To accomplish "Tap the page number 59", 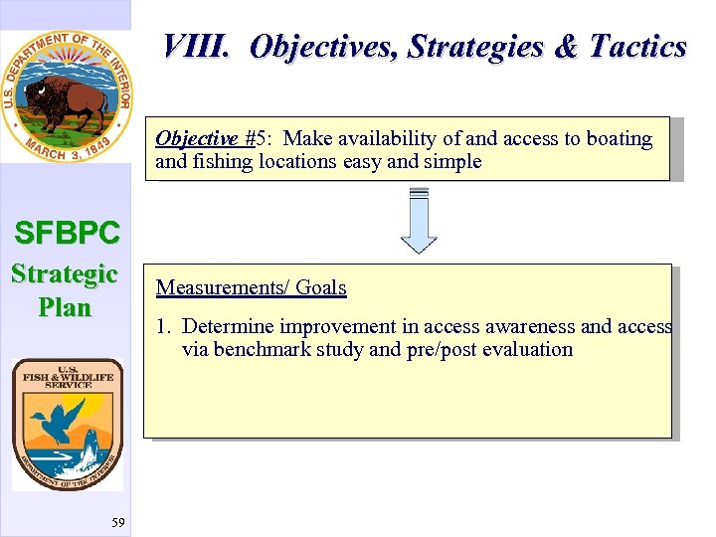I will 118,522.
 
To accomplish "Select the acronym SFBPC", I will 67,233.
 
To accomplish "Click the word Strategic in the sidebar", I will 65,273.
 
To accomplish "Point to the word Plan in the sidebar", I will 65,307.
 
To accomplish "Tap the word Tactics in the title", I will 637,47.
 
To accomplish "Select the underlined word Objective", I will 196,138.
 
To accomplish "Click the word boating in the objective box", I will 618,138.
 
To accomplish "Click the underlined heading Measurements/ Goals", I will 251,288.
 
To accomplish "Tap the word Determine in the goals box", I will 229,326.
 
